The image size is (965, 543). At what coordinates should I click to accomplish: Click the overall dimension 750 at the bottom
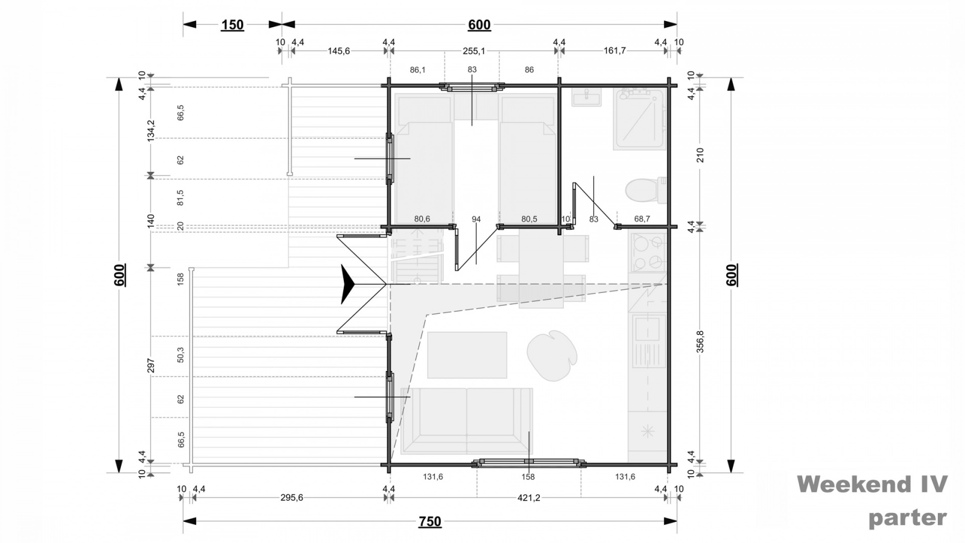click(x=430, y=521)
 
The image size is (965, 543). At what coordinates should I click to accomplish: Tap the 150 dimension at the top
click(x=233, y=25)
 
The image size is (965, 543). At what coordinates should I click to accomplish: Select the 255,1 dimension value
click(x=474, y=51)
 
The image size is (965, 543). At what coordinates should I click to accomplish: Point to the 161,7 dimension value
click(x=615, y=51)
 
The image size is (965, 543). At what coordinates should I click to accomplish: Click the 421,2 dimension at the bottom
click(x=528, y=498)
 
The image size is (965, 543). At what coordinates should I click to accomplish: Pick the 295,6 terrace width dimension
click(x=292, y=498)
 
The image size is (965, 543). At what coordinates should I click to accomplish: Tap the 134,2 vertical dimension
click(x=151, y=130)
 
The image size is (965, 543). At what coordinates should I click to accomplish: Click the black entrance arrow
click(x=347, y=284)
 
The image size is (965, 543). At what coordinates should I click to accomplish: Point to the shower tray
click(x=640, y=119)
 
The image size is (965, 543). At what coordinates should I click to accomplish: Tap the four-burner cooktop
click(x=648, y=253)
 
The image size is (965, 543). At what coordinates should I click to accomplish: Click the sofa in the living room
click(x=467, y=421)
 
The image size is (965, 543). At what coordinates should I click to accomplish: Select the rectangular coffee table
click(x=467, y=355)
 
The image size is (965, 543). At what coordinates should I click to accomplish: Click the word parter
click(x=908, y=518)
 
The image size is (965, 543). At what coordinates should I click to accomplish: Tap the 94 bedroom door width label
click(x=476, y=220)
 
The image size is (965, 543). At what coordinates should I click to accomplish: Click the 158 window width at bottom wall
click(x=528, y=477)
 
